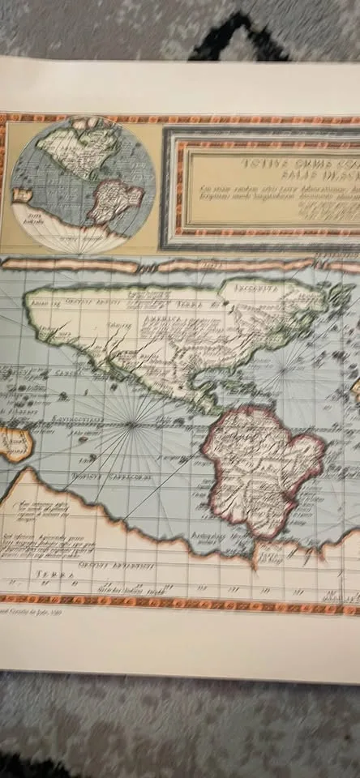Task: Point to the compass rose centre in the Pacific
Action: (132, 423)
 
